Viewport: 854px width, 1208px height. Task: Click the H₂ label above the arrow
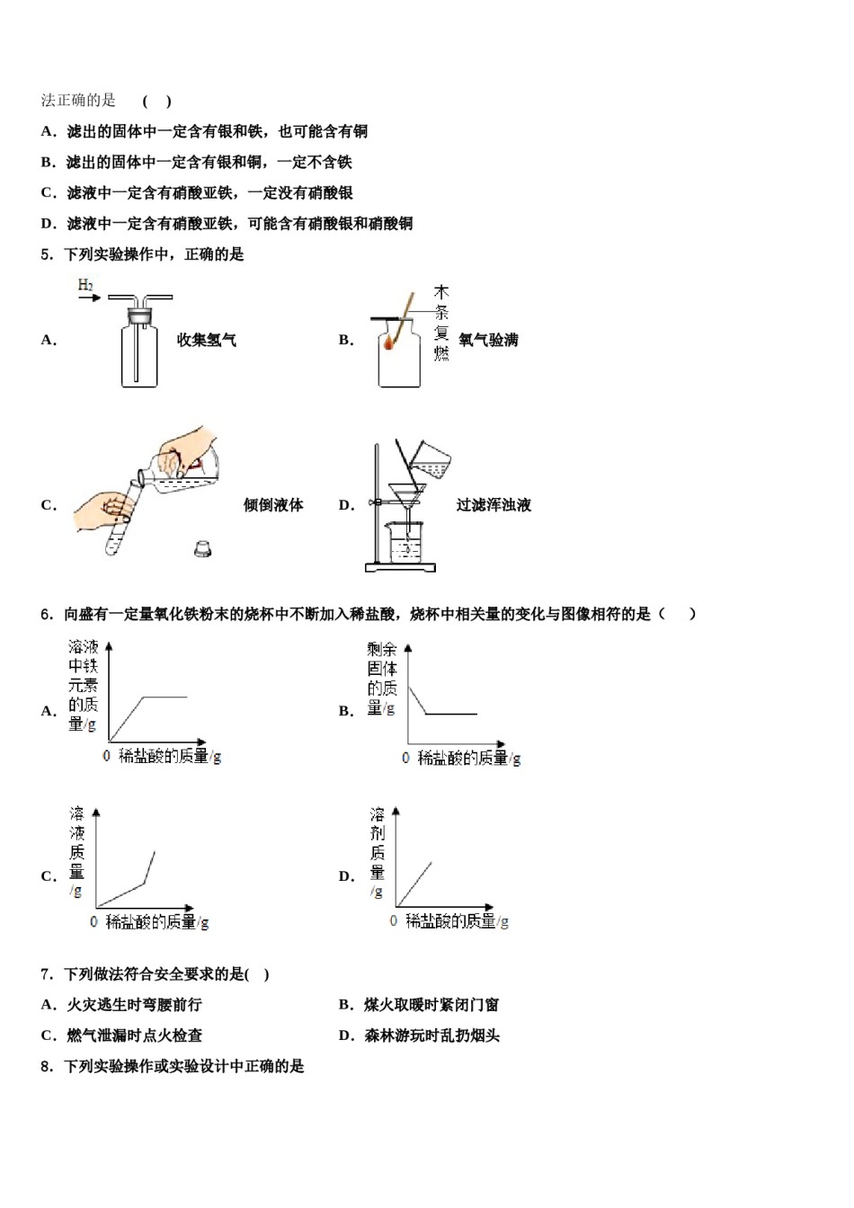coord(85,285)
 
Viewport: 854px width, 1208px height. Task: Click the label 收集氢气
coord(207,340)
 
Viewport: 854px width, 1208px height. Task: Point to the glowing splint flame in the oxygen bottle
coord(390,342)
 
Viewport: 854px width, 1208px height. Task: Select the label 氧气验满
coord(488,340)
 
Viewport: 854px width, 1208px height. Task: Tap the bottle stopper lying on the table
coord(203,547)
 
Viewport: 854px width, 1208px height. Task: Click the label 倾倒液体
coord(273,505)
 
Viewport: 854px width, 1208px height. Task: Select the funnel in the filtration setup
coord(408,496)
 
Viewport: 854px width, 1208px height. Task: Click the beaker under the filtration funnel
coord(405,544)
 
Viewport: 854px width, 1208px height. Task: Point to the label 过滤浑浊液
coord(494,505)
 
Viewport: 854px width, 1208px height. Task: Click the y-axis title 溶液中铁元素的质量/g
coord(83,685)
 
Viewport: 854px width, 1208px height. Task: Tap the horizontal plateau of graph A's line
coord(165,696)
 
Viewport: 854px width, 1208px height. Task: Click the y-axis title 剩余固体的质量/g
coord(382,678)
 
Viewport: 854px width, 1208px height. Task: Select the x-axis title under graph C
coord(157,922)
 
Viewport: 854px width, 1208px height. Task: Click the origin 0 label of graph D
coord(393,921)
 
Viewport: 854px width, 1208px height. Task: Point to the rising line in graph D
coord(414,883)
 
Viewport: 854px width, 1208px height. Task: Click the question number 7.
coord(46,974)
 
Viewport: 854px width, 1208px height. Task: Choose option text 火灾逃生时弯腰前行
coord(134,1005)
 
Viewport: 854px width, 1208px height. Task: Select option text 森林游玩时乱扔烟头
coord(431,1035)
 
